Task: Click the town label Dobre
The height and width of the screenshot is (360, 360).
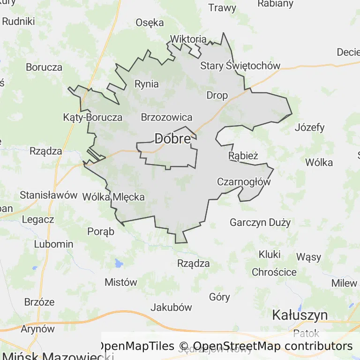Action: (172, 139)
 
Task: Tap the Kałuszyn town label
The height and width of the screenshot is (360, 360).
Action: (300, 315)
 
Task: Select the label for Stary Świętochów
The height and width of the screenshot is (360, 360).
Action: (240, 66)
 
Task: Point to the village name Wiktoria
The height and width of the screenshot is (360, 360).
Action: (188, 39)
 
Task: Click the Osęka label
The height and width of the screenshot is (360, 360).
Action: (150, 22)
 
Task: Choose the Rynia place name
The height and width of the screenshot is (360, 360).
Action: (147, 84)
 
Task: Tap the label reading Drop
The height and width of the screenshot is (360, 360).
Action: (217, 96)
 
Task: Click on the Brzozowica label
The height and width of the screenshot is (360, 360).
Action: (166, 117)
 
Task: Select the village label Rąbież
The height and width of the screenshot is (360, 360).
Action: (243, 156)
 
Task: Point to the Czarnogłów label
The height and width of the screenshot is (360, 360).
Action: (244, 182)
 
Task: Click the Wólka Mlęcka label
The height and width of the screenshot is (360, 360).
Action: (113, 197)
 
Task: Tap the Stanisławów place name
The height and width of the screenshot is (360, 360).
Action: (48, 195)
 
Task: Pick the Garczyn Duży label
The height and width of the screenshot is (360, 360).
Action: (260, 222)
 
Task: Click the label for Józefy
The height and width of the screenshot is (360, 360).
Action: (309, 127)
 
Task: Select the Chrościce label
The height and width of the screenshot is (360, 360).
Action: (274, 272)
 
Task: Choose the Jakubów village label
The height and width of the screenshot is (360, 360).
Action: (171, 307)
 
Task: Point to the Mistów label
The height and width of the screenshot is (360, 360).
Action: (121, 282)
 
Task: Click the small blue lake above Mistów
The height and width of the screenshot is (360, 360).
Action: (118, 263)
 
